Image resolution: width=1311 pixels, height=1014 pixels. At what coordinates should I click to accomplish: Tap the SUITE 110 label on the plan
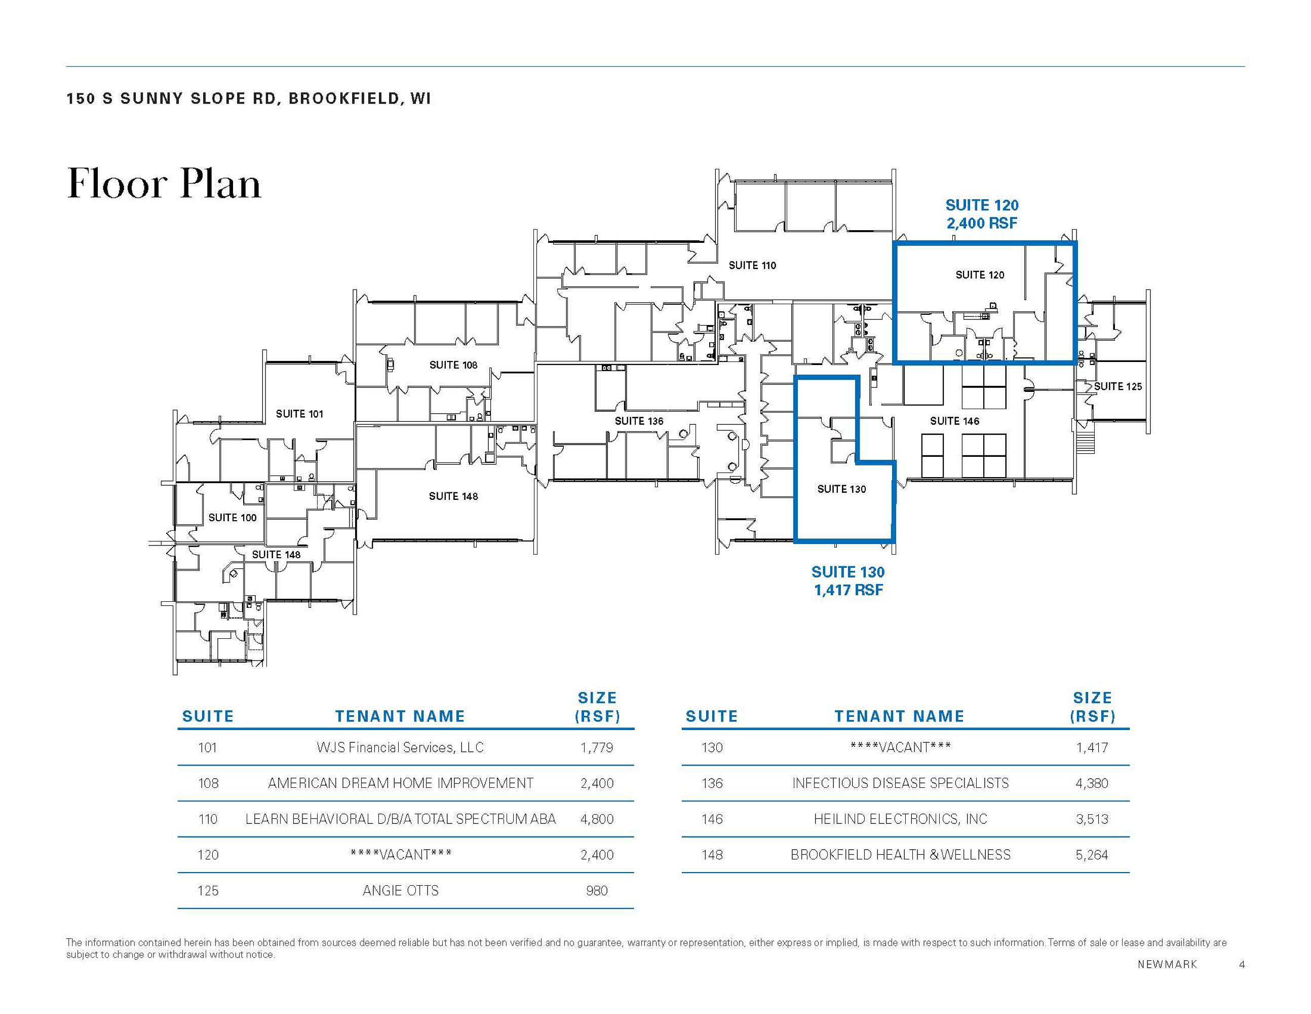tap(752, 265)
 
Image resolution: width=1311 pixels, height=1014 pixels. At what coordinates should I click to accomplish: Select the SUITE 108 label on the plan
tap(453, 365)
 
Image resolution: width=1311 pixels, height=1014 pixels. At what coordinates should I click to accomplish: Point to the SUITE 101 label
tap(299, 413)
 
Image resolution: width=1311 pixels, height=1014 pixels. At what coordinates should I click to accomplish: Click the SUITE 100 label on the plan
tap(233, 517)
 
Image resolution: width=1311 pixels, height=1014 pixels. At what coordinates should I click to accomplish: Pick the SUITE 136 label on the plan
tap(639, 421)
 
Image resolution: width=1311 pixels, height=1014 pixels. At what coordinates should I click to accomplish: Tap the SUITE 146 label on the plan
tap(954, 421)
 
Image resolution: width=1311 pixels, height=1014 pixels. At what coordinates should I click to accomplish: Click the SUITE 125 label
tap(1117, 386)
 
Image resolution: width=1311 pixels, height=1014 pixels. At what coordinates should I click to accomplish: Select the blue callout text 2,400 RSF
tap(982, 224)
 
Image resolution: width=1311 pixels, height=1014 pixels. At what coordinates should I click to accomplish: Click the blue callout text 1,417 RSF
tap(848, 590)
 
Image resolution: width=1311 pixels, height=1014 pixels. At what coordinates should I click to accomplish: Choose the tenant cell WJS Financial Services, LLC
tap(400, 747)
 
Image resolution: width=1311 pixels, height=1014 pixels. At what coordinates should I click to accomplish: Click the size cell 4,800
tap(597, 819)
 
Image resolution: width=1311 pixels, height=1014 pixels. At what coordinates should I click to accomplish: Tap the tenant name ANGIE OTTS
tap(400, 890)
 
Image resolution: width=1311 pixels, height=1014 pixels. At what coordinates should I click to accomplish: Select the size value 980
tap(597, 890)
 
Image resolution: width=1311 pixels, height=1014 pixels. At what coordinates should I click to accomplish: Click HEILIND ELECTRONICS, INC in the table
tap(900, 819)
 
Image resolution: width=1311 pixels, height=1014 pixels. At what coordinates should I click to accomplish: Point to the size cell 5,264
tap(1092, 854)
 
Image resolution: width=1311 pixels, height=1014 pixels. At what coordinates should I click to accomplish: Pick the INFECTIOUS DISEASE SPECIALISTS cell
tap(900, 783)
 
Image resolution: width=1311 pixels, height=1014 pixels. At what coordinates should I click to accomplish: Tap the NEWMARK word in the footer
tap(1167, 964)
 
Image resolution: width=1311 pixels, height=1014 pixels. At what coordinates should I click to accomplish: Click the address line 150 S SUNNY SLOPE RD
tap(171, 98)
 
